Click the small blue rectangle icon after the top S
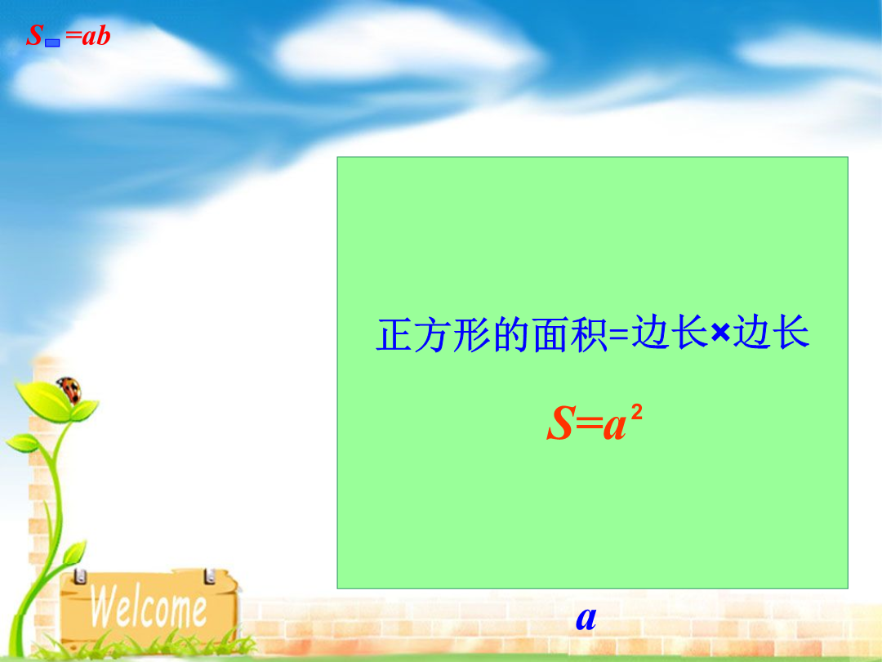(x=52, y=42)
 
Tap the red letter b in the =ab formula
(x=103, y=35)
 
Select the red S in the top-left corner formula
(x=35, y=35)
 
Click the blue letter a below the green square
(x=586, y=619)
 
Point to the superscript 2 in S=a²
(x=636, y=413)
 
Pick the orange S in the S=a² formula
(x=561, y=423)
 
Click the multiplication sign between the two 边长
(x=720, y=333)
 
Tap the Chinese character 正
(x=394, y=334)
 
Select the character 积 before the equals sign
(x=589, y=334)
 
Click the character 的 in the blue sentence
(x=510, y=334)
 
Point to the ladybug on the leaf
(x=69, y=390)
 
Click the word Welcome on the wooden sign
(x=149, y=606)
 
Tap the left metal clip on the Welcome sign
(x=80, y=576)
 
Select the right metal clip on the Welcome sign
(x=210, y=575)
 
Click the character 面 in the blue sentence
(x=550, y=334)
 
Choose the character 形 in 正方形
(x=472, y=334)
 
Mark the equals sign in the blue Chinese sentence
(x=619, y=335)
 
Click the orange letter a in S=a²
(x=615, y=426)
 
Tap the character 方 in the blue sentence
(x=433, y=334)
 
